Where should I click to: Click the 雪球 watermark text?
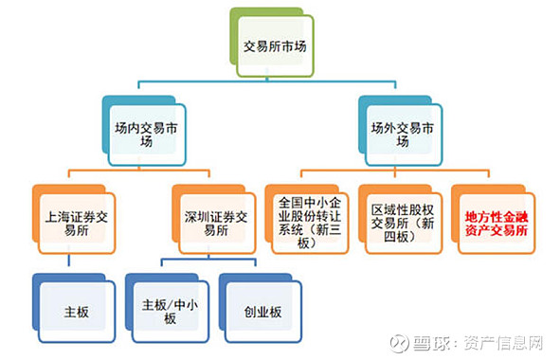coord(435,338)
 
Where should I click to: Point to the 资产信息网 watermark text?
coord(501,338)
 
